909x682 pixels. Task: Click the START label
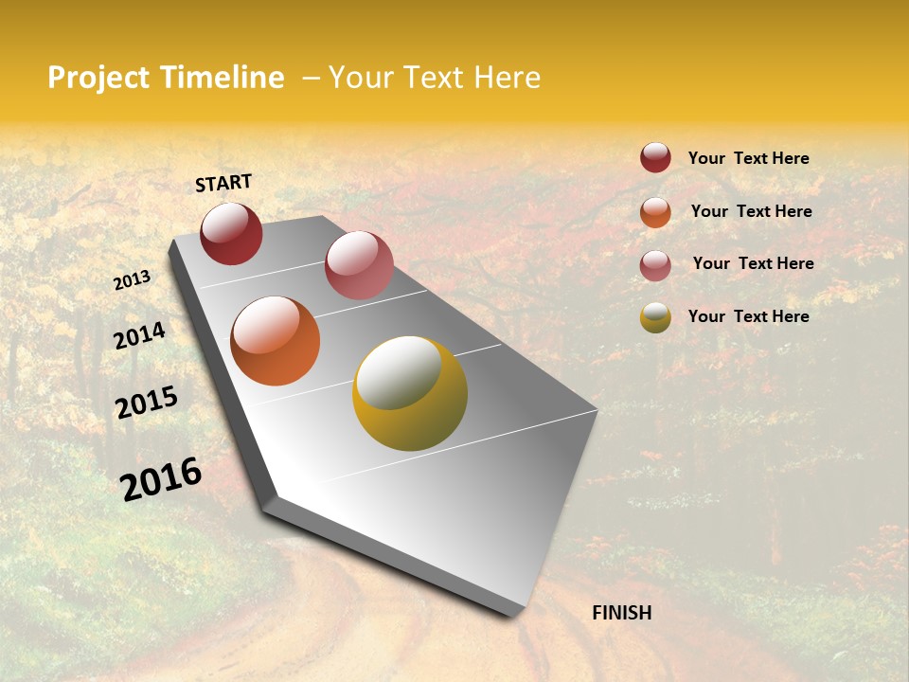pyautogui.click(x=223, y=183)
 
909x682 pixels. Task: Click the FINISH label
pyautogui.click(x=621, y=613)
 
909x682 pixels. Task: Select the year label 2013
pyautogui.click(x=133, y=279)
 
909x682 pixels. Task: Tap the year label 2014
pyautogui.click(x=139, y=335)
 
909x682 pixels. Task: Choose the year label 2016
pyautogui.click(x=161, y=478)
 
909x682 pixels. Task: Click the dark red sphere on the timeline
pyautogui.click(x=231, y=233)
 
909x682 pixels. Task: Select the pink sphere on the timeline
pyautogui.click(x=359, y=265)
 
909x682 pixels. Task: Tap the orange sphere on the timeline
pyautogui.click(x=276, y=341)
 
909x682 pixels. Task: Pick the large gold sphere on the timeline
pyautogui.click(x=410, y=393)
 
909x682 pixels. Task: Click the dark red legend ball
pyautogui.click(x=655, y=158)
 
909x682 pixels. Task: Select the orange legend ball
pyautogui.click(x=655, y=212)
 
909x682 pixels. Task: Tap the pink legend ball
pyautogui.click(x=655, y=265)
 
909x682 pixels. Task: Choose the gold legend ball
pyautogui.click(x=655, y=317)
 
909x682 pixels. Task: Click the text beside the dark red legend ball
pyautogui.click(x=748, y=158)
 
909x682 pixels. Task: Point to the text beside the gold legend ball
pyautogui.click(x=748, y=316)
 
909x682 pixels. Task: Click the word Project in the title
pyautogui.click(x=98, y=78)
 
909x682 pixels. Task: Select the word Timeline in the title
pyautogui.click(x=221, y=78)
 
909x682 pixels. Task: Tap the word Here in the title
pyautogui.click(x=506, y=78)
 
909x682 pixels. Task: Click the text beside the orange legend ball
pyautogui.click(x=751, y=211)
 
